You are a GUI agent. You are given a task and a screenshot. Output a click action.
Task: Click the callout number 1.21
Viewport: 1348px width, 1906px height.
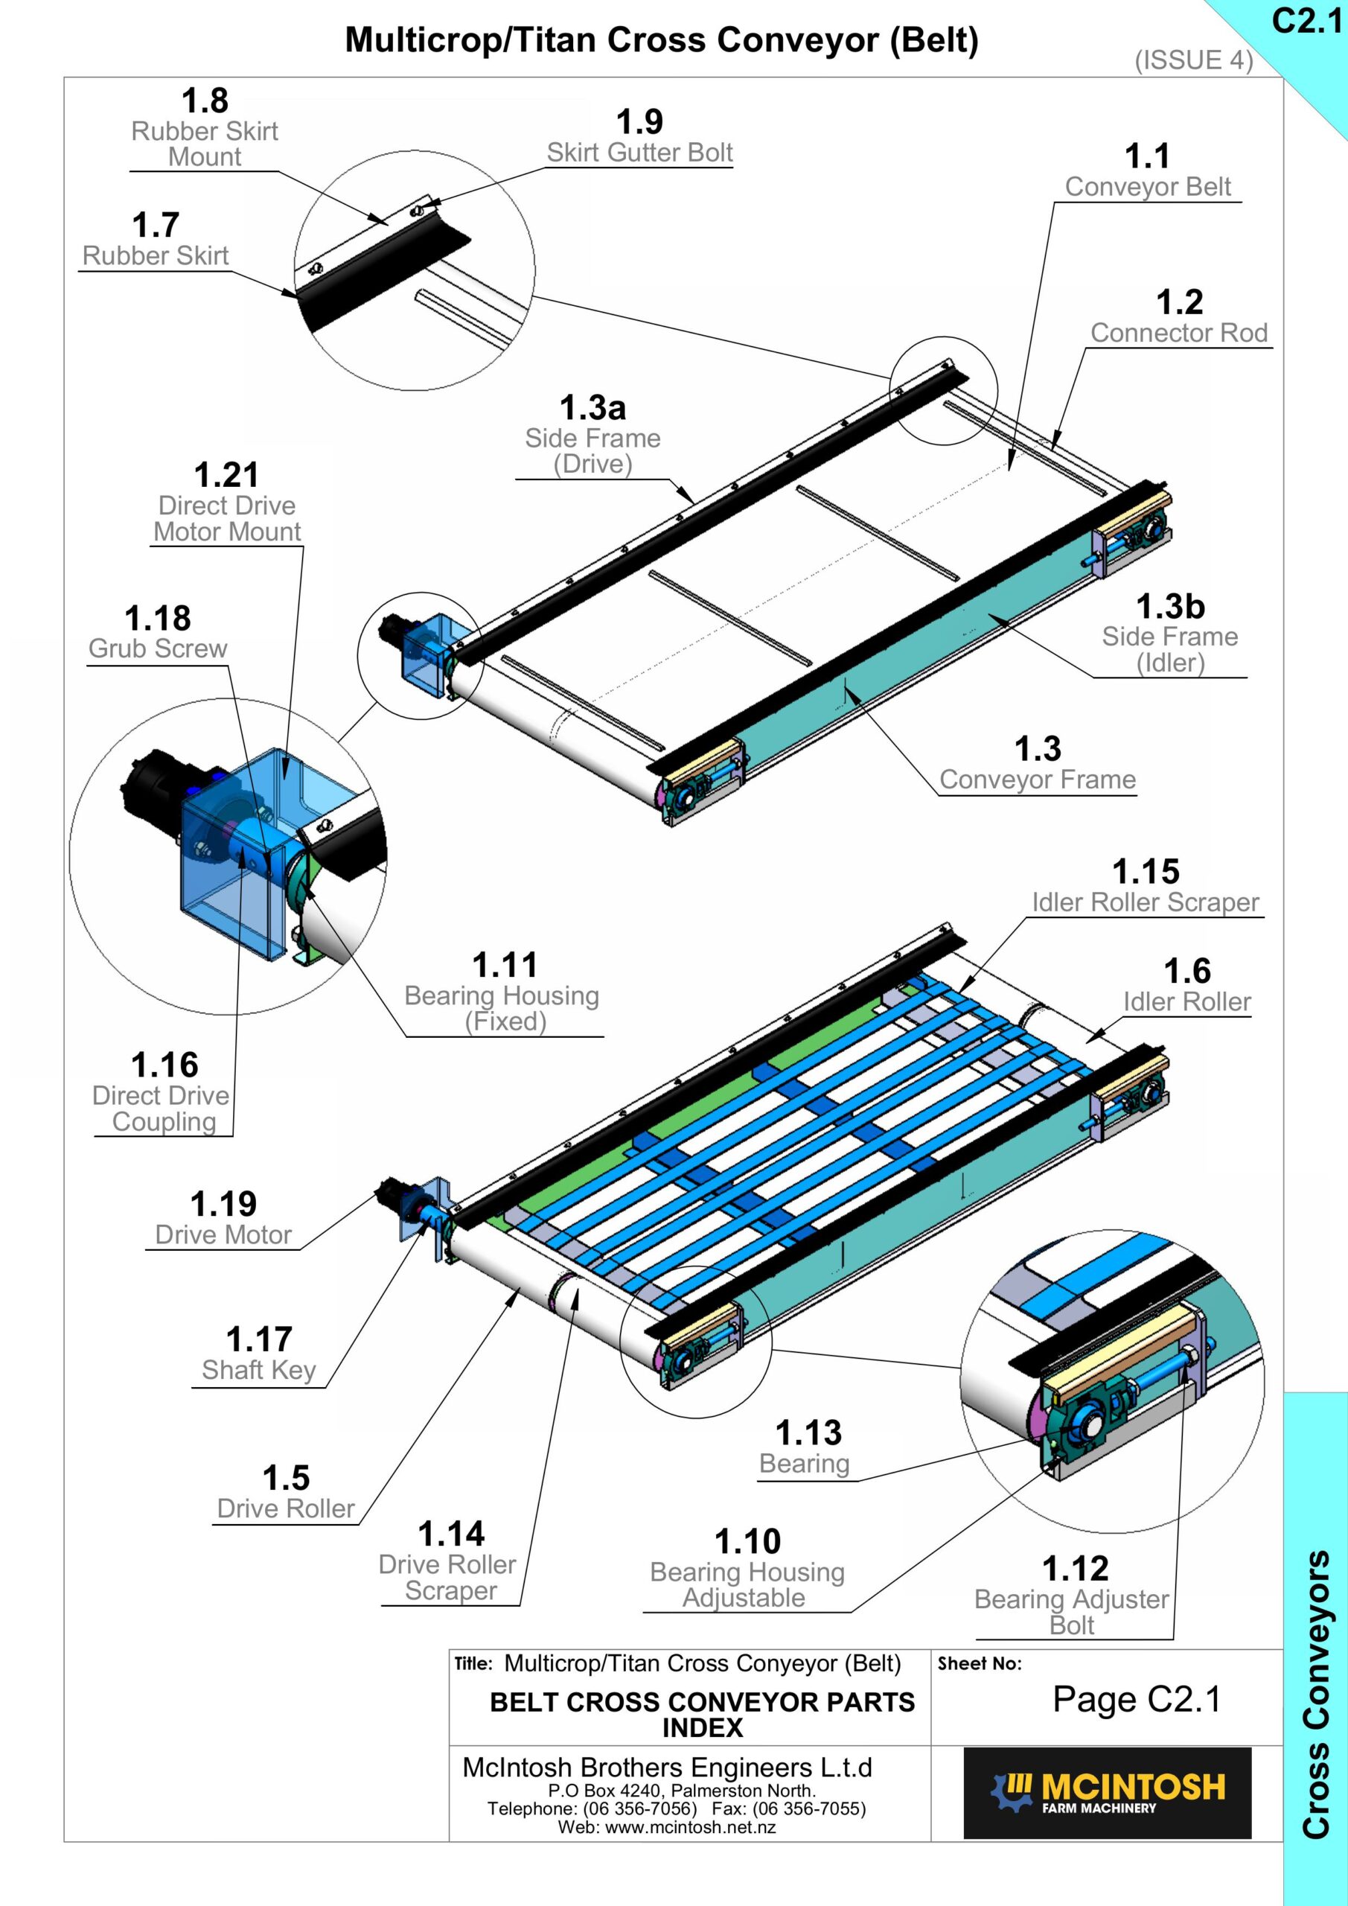[x=226, y=476]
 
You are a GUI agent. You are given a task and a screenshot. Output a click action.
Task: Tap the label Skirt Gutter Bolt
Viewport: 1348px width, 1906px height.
[x=640, y=153]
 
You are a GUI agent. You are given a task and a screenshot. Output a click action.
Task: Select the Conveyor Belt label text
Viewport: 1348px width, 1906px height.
[x=1148, y=187]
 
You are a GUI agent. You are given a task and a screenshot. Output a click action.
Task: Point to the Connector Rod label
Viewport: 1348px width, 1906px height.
[x=1180, y=333]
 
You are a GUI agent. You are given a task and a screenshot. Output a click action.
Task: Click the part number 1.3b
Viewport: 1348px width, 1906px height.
[x=1170, y=607]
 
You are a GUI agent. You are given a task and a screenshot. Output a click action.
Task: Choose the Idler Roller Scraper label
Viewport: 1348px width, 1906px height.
[x=1146, y=902]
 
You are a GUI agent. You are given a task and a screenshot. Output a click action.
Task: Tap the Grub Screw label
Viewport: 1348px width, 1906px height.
[x=158, y=648]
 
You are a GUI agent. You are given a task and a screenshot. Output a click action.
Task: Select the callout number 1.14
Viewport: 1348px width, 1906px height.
[x=451, y=1534]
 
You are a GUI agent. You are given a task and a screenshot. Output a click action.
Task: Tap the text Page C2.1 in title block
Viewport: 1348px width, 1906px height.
[x=1137, y=1700]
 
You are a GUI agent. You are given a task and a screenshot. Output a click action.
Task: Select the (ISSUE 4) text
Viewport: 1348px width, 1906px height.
[x=1194, y=60]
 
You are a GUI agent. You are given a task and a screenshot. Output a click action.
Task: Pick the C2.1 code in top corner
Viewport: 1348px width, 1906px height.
[x=1307, y=22]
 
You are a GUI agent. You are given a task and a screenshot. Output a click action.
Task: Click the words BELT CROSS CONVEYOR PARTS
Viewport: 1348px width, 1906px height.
[x=702, y=1703]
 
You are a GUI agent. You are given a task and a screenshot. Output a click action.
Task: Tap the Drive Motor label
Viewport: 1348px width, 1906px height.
[x=223, y=1235]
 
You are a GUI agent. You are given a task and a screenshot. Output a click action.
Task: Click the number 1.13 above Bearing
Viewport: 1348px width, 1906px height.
[x=808, y=1434]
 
